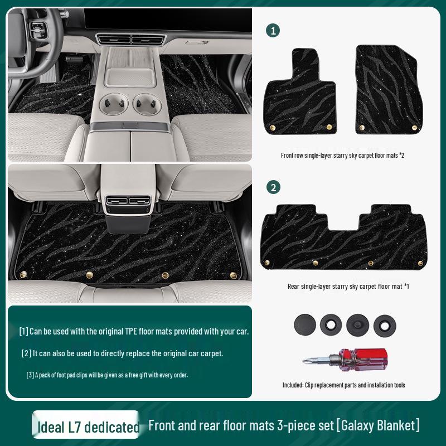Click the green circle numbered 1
click(x=273, y=31)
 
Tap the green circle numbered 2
click(x=273, y=187)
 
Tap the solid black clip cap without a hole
click(x=304, y=323)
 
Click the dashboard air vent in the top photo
click(x=130, y=40)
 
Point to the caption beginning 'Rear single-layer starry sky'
click(x=348, y=286)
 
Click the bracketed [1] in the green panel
click(x=23, y=331)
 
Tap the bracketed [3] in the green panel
click(x=30, y=375)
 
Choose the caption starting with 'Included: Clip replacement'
click(x=343, y=385)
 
